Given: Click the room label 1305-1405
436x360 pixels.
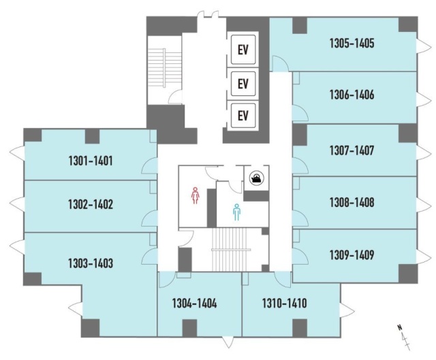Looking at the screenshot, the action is [x=352, y=44].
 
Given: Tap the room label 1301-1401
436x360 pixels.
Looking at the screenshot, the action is [x=91, y=161].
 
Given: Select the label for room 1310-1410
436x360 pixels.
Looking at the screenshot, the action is [x=285, y=303].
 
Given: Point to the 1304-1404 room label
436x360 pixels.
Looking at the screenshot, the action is [x=194, y=303].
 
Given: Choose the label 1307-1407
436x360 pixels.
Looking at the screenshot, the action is [x=352, y=150].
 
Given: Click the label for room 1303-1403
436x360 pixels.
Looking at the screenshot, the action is [x=91, y=263].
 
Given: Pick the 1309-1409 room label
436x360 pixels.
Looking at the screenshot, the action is [x=352, y=255].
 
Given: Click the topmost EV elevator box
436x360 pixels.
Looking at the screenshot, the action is [x=243, y=50].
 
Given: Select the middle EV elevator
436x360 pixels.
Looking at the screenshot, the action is [x=243, y=83].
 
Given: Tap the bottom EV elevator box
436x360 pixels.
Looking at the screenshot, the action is [x=243, y=115].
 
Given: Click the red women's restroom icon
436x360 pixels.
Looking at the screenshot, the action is [x=196, y=195].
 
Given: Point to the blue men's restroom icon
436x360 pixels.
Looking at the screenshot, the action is [x=236, y=212].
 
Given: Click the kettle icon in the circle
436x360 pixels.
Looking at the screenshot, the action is [x=256, y=177].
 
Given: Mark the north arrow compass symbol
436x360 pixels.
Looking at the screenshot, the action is [x=405, y=337].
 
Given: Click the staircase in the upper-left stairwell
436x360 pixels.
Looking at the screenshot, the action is [x=164, y=70].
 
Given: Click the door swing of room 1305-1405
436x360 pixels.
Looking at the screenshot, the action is [x=280, y=63].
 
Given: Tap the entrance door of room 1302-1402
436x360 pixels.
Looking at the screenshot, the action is [x=149, y=218].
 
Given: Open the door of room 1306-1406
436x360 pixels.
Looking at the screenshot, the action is [x=300, y=113].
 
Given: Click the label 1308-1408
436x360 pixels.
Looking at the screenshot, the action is [x=352, y=203].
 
